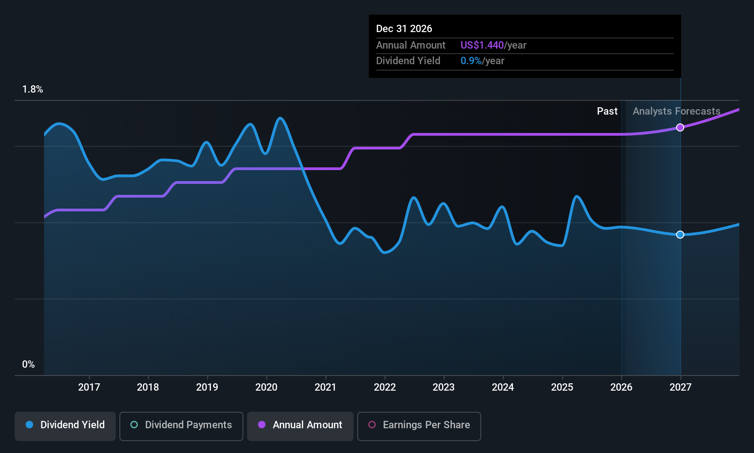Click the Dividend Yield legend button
65,426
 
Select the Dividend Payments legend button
181,426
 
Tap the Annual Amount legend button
300,426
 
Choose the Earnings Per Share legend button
419,426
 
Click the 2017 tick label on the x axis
89,387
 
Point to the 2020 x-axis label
266,387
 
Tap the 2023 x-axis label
444,387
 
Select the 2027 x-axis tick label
680,387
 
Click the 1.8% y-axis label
33,89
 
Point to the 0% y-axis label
28,365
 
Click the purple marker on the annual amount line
680,127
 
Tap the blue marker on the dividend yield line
680,235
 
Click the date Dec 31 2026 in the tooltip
404,29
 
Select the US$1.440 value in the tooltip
482,45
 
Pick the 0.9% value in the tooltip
471,61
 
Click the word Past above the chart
607,111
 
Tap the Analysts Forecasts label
676,111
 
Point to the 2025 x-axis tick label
562,387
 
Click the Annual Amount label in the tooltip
411,45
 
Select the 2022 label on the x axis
385,387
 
